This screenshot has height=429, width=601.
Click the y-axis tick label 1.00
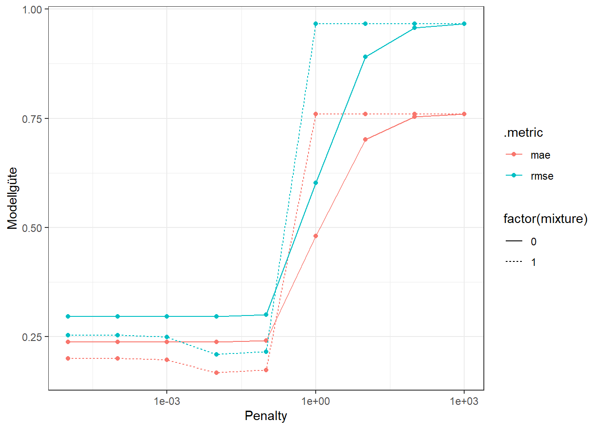tap(32, 9)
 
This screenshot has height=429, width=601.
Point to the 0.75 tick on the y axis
tap(32, 119)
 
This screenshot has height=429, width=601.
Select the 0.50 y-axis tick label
tap(32, 228)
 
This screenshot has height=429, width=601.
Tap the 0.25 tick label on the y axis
tap(32, 337)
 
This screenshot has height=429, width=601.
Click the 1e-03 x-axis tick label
tap(167, 401)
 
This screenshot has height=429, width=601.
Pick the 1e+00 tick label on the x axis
tap(316, 401)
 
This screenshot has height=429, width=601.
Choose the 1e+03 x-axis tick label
tap(464, 401)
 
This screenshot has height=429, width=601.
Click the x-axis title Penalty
tap(266, 416)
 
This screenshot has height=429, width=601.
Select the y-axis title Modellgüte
tap(13, 198)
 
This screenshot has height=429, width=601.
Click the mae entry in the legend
tap(540, 155)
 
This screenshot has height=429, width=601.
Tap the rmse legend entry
tap(542, 176)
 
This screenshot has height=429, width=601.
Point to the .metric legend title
tap(523, 133)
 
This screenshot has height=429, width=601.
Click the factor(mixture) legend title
tap(545, 219)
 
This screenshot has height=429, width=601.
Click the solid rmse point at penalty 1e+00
tap(316, 183)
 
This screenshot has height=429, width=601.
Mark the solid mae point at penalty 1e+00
tap(316, 236)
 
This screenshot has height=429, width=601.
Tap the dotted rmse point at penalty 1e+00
tap(316, 24)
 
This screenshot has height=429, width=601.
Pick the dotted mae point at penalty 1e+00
tap(316, 114)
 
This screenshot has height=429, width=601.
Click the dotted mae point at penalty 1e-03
tap(167, 360)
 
